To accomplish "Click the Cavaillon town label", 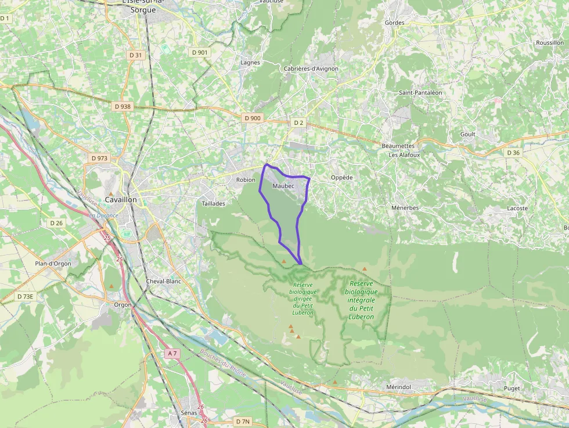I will click(121, 200).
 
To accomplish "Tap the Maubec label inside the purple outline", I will click(283, 186).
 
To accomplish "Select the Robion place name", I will click(246, 180).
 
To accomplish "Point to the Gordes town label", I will click(394, 23).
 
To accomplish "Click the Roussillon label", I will click(550, 43).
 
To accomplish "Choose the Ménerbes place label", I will click(405, 208).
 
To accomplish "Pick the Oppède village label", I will click(341, 178).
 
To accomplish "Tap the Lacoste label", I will click(517, 208).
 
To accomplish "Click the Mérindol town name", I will click(398, 387).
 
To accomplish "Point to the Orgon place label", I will click(123, 304).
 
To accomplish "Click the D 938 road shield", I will click(123, 106).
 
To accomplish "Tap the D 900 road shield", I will click(253, 118).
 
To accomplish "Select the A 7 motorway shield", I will click(171, 353).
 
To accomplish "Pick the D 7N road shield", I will click(243, 421).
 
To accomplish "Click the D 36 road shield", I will click(513, 153).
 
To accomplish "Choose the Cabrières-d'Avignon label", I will click(311, 69).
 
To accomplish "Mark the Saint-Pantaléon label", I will click(420, 92).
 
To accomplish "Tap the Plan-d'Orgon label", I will click(53, 264).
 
